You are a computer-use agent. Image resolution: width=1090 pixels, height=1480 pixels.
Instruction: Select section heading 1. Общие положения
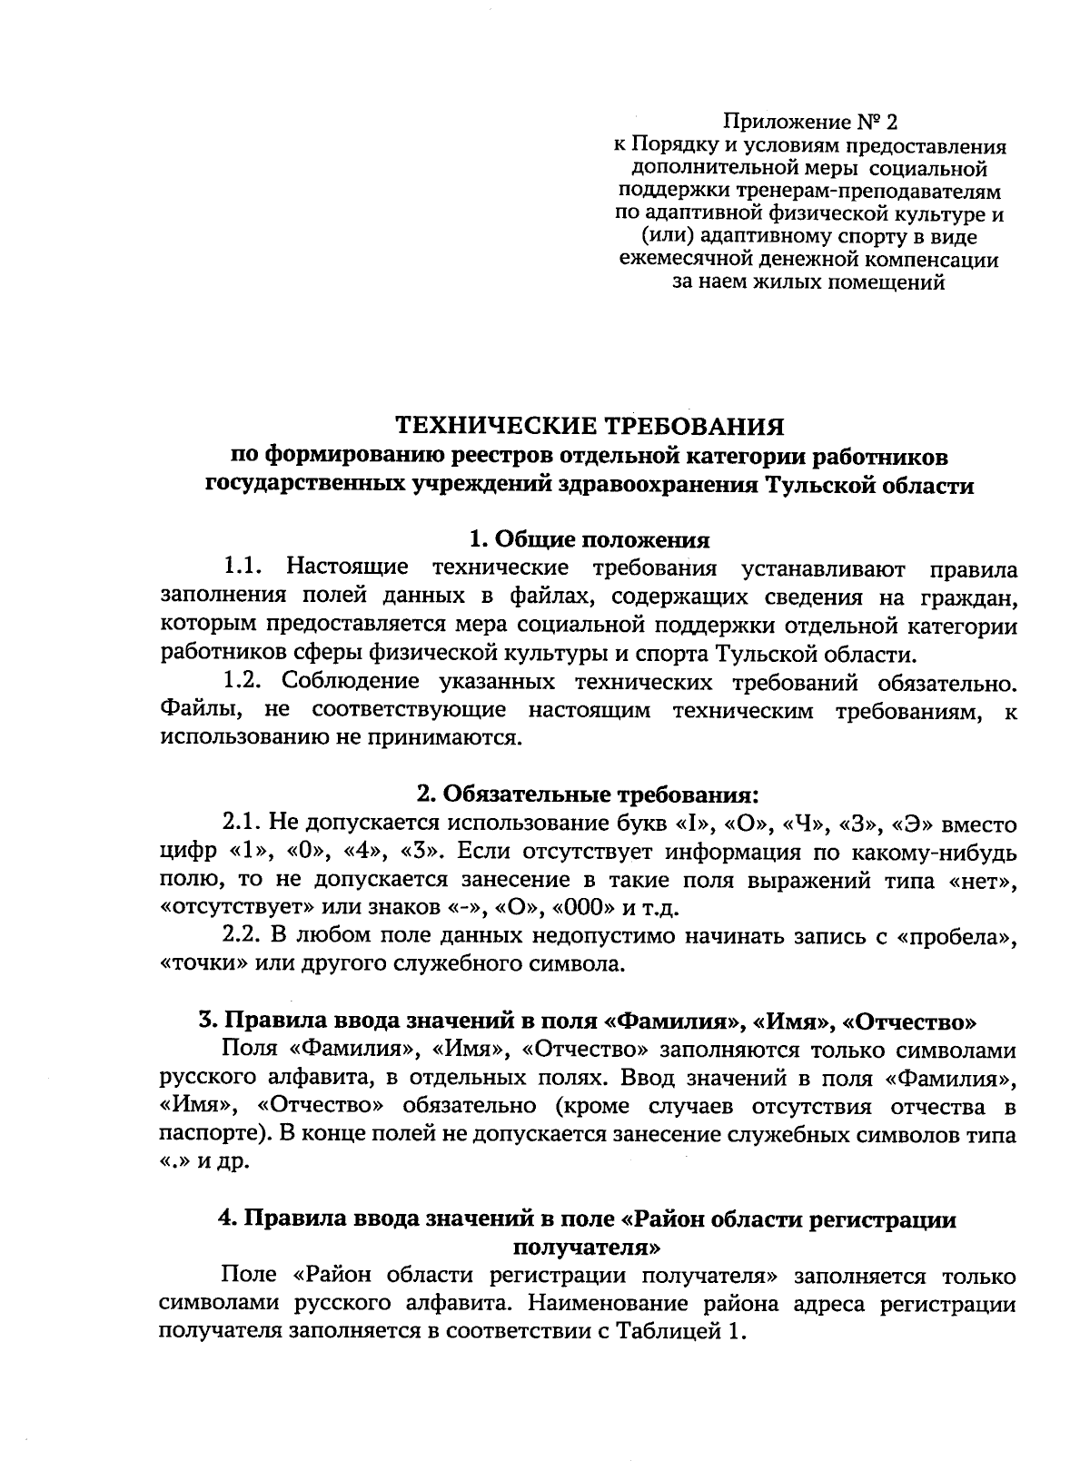[x=589, y=539]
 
